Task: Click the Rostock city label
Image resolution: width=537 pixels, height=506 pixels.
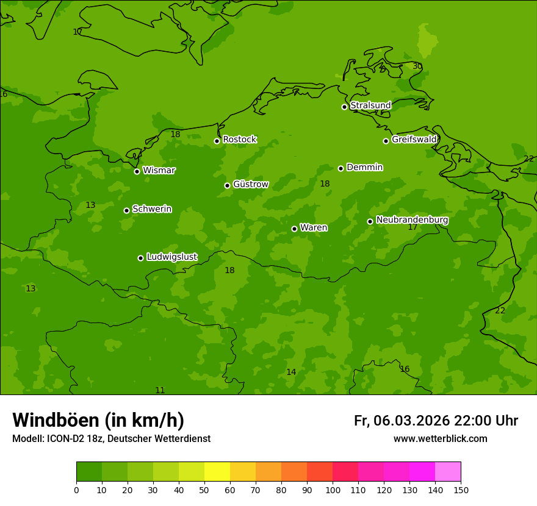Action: (239, 140)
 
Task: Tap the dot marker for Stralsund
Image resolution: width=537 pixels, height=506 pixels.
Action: (344, 107)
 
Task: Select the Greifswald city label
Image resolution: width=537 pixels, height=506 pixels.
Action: (414, 140)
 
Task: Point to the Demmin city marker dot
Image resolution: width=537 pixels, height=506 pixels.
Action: (341, 168)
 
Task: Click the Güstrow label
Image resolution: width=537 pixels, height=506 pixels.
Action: (250, 184)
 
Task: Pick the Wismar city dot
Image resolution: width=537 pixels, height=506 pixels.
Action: (137, 171)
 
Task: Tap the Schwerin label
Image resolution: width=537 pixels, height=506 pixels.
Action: (151, 209)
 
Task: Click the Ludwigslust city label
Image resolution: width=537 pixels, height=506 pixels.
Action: (171, 257)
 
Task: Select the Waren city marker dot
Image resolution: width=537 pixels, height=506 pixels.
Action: (294, 229)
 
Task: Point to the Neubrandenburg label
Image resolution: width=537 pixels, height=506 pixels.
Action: (412, 220)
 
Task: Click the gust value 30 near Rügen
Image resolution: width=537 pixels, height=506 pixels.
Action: (417, 66)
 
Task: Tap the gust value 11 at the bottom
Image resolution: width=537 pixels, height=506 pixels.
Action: (160, 390)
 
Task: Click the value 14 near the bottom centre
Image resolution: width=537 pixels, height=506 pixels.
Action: (291, 372)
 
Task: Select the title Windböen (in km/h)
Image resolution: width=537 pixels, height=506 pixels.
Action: (98, 420)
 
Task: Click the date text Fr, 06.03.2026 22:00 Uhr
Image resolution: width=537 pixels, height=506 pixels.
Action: (436, 421)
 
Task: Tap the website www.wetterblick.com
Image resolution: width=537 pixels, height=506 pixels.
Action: (440, 439)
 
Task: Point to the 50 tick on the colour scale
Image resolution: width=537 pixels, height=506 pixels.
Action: (204, 490)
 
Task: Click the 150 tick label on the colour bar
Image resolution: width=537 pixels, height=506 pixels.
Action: (461, 490)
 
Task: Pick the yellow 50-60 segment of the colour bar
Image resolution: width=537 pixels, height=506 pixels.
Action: (217, 472)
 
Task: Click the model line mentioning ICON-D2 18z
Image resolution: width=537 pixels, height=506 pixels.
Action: (111, 439)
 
